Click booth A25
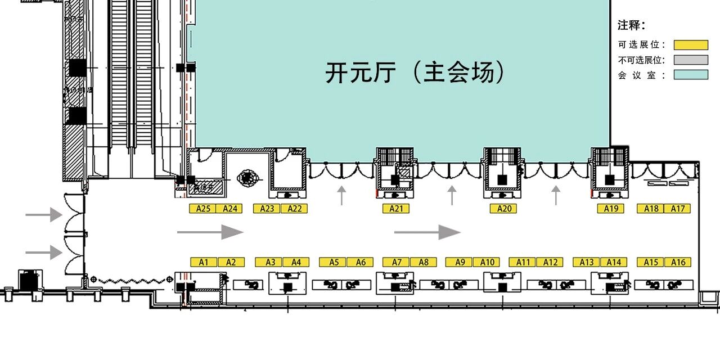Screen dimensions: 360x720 point(203,209)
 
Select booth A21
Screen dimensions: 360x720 point(396,209)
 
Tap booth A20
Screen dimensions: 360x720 point(503,209)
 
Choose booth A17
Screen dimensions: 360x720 point(677,209)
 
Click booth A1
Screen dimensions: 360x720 point(204,262)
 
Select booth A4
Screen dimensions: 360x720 point(296,262)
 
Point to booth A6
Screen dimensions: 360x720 point(360,262)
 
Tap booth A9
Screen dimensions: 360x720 point(460,262)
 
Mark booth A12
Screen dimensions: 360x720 point(550,262)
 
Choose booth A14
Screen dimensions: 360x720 point(614,262)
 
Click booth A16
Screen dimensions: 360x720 point(678,262)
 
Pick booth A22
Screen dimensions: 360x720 point(294,209)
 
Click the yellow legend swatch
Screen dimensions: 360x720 point(691,45)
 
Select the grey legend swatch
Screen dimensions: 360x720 point(691,60)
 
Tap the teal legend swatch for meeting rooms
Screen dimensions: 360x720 point(691,74)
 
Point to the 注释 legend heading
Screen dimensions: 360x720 point(631,25)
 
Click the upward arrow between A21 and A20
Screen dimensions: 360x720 point(452,195)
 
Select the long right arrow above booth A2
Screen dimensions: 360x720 point(210,232)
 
